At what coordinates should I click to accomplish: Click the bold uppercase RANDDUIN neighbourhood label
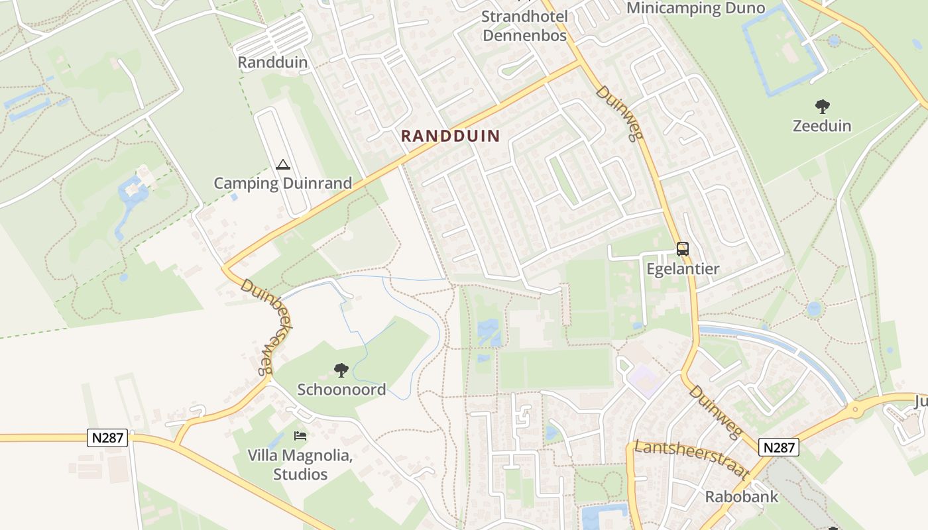tap(450, 136)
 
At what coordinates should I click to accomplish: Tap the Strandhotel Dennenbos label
tap(524, 26)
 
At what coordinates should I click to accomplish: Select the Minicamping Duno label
tap(695, 8)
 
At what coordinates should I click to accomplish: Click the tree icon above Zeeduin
tap(822, 106)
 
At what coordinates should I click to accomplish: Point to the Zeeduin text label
tap(822, 125)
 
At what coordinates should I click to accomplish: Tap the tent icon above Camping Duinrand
tap(283, 164)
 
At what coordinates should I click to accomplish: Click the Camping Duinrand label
tap(283, 184)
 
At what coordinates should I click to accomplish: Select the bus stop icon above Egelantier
tap(683, 249)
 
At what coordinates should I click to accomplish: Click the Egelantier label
tap(683, 269)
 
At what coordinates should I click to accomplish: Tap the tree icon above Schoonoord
tap(341, 370)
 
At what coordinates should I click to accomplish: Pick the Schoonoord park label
tap(341, 390)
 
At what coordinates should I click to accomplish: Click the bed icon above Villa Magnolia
tap(300, 436)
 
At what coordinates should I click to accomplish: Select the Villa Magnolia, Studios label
tap(300, 465)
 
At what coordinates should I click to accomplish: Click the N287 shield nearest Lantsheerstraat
tap(778, 447)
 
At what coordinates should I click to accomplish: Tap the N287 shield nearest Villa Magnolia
tap(107, 437)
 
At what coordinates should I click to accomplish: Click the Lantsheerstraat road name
tap(691, 459)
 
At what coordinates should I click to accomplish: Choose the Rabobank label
tap(741, 497)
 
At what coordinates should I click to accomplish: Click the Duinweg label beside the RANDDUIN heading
tap(620, 113)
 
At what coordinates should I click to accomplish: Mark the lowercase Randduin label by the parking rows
tap(272, 62)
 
